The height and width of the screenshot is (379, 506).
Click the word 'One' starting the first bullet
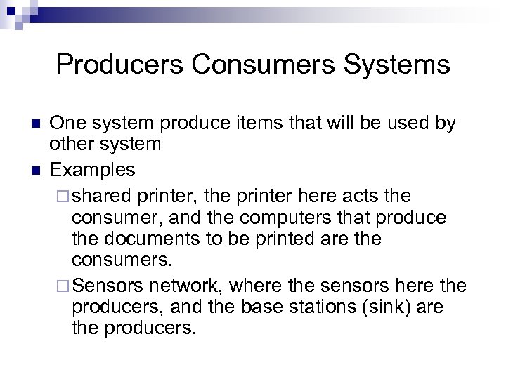[x=65, y=124]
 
